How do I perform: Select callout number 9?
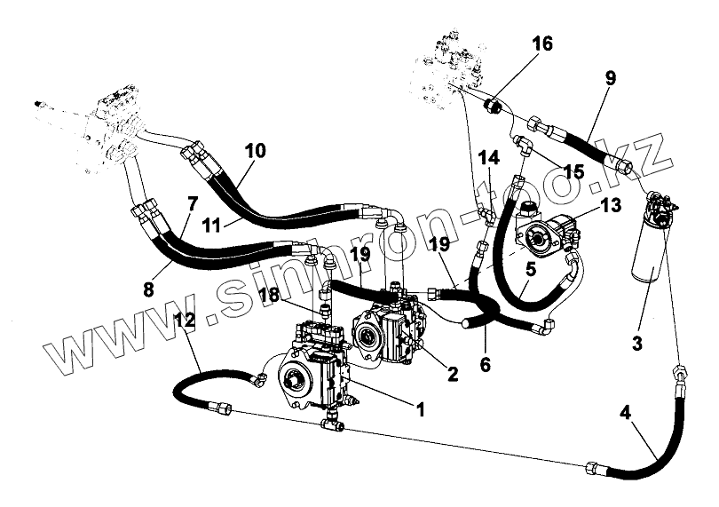(611, 78)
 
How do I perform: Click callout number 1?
(421, 409)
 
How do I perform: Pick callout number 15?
(573, 171)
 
